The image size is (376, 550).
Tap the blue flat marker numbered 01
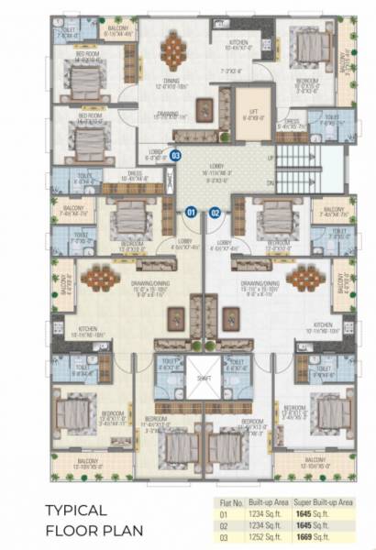tap(191, 212)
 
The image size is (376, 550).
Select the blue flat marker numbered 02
tap(216, 212)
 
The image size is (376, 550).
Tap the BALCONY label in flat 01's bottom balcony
tap(88, 461)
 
